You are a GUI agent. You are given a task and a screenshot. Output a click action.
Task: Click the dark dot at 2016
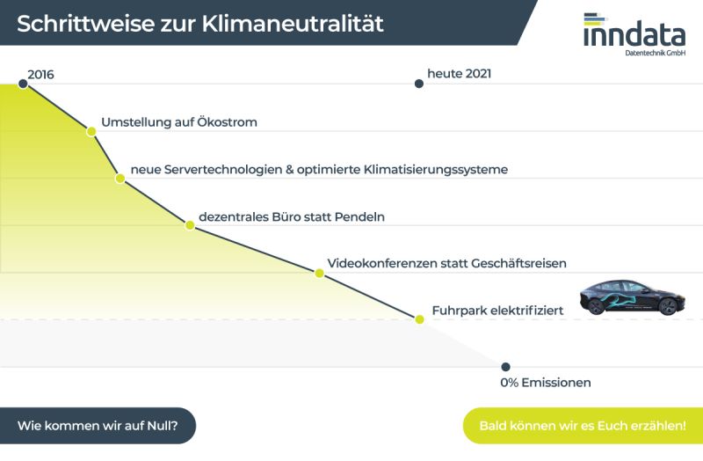point(23,84)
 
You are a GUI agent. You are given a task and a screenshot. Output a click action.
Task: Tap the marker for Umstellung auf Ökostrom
point(91,131)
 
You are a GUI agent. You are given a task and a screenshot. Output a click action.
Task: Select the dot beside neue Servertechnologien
point(120,179)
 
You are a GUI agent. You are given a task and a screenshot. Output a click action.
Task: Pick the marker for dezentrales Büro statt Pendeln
point(190,225)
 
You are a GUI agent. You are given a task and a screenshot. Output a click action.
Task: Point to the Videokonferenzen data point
point(319,273)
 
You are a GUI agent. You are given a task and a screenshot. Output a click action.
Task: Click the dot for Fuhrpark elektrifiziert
point(420,319)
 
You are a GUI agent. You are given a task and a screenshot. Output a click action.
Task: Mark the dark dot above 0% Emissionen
point(506,367)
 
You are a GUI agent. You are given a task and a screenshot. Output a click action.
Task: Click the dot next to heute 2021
point(419,84)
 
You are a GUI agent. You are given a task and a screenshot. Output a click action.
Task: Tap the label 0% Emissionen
point(546,383)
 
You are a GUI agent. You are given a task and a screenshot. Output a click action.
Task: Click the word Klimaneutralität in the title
point(293,24)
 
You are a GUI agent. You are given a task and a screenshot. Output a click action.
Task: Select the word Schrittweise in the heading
point(85,24)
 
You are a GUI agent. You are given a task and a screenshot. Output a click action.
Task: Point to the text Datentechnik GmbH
point(655,53)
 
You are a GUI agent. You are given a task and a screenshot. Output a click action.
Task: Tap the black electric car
point(632,297)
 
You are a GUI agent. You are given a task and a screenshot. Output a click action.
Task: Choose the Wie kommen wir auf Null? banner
point(98,426)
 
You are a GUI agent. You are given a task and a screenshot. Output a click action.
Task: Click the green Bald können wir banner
point(583,426)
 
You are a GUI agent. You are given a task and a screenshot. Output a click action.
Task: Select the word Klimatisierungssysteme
point(436,170)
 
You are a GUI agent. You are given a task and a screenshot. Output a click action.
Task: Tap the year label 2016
point(40,75)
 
